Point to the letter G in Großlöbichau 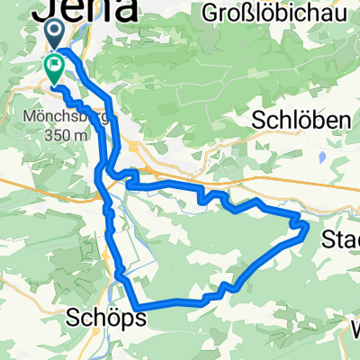(210, 13)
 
